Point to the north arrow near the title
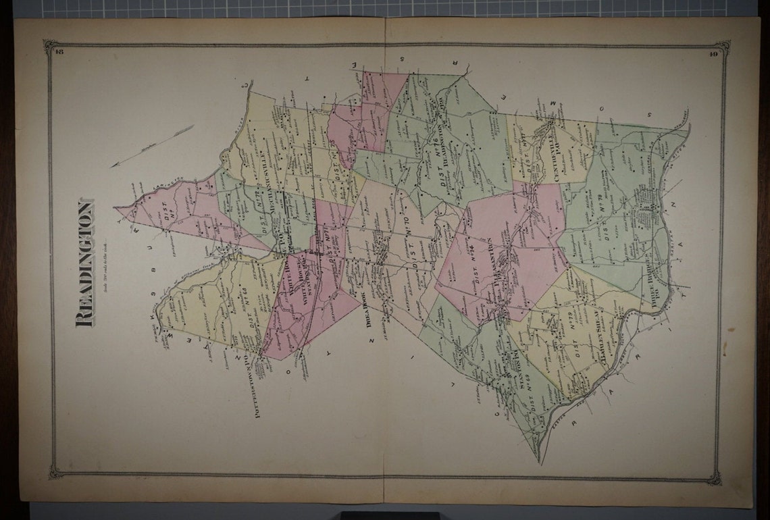[x=151, y=145]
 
